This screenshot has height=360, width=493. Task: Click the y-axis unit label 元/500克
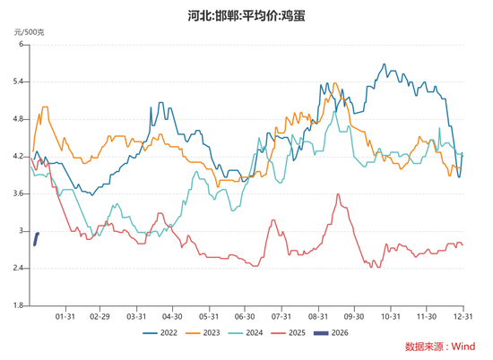tap(30, 31)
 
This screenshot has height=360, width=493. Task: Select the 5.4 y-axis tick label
tap(18, 81)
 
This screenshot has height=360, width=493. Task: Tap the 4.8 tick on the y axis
tap(18, 119)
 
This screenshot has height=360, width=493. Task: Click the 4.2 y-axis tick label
tap(18, 157)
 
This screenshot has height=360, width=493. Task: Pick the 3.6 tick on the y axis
tap(18, 193)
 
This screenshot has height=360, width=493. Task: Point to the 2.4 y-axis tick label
tap(18, 269)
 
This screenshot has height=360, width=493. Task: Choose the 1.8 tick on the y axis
tap(18, 306)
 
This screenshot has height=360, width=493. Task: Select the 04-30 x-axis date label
tap(172, 316)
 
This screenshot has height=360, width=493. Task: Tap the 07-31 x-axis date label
tap(281, 316)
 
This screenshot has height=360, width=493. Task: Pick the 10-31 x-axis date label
tap(390, 316)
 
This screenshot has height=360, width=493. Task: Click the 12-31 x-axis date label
tap(463, 316)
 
